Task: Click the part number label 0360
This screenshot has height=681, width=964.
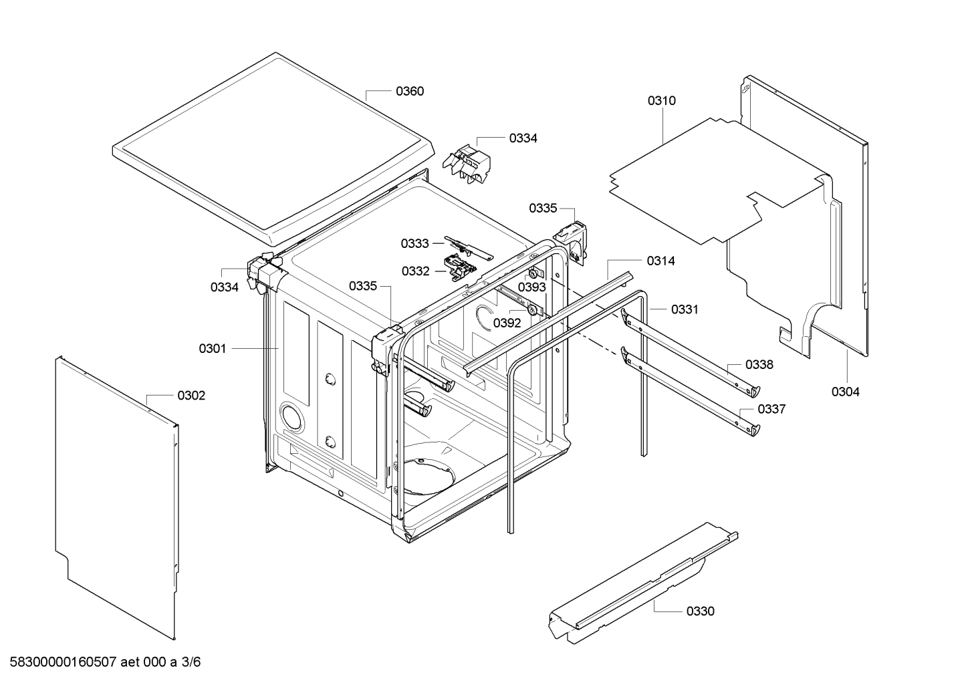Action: pyautogui.click(x=410, y=91)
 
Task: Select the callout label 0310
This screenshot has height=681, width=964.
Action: pyautogui.click(x=661, y=101)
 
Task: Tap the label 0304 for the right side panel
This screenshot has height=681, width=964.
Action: pyautogui.click(x=845, y=392)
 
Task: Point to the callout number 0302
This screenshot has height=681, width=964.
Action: pyautogui.click(x=191, y=396)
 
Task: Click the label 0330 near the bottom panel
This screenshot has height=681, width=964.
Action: pyautogui.click(x=700, y=611)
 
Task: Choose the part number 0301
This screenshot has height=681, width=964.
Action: pyautogui.click(x=212, y=348)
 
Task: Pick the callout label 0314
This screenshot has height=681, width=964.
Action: pyautogui.click(x=660, y=261)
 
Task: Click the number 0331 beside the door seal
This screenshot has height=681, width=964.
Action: pyautogui.click(x=685, y=309)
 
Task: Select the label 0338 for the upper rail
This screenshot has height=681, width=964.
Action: pyautogui.click(x=759, y=365)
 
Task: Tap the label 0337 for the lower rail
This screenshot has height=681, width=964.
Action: pyautogui.click(x=771, y=409)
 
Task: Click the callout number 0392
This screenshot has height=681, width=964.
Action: pyautogui.click(x=507, y=323)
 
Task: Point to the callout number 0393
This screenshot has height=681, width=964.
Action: pyautogui.click(x=531, y=287)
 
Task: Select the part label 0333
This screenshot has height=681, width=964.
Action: pyautogui.click(x=415, y=243)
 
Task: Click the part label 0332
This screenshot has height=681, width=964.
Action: pyautogui.click(x=415, y=271)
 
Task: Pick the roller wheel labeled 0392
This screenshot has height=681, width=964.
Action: pyautogui.click(x=532, y=309)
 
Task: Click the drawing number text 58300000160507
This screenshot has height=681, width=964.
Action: pyautogui.click(x=64, y=662)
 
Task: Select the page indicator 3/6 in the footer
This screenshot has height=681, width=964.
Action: pyautogui.click(x=191, y=662)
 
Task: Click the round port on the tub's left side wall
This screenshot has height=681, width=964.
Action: pyautogui.click(x=291, y=416)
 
